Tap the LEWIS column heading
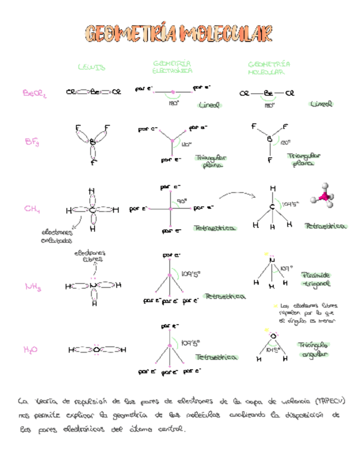pos(91,67)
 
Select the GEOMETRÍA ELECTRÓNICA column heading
pos(172,67)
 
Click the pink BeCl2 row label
pos(35,94)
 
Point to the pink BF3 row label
pos(32,143)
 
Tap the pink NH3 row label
pos(33,286)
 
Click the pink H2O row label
pos(31,349)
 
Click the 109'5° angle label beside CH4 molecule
pos(290,204)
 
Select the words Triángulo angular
pos(313,349)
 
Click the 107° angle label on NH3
pos(286,268)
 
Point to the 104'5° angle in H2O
pos(273,349)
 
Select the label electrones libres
pos(90,256)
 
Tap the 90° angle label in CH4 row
pos(182,201)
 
